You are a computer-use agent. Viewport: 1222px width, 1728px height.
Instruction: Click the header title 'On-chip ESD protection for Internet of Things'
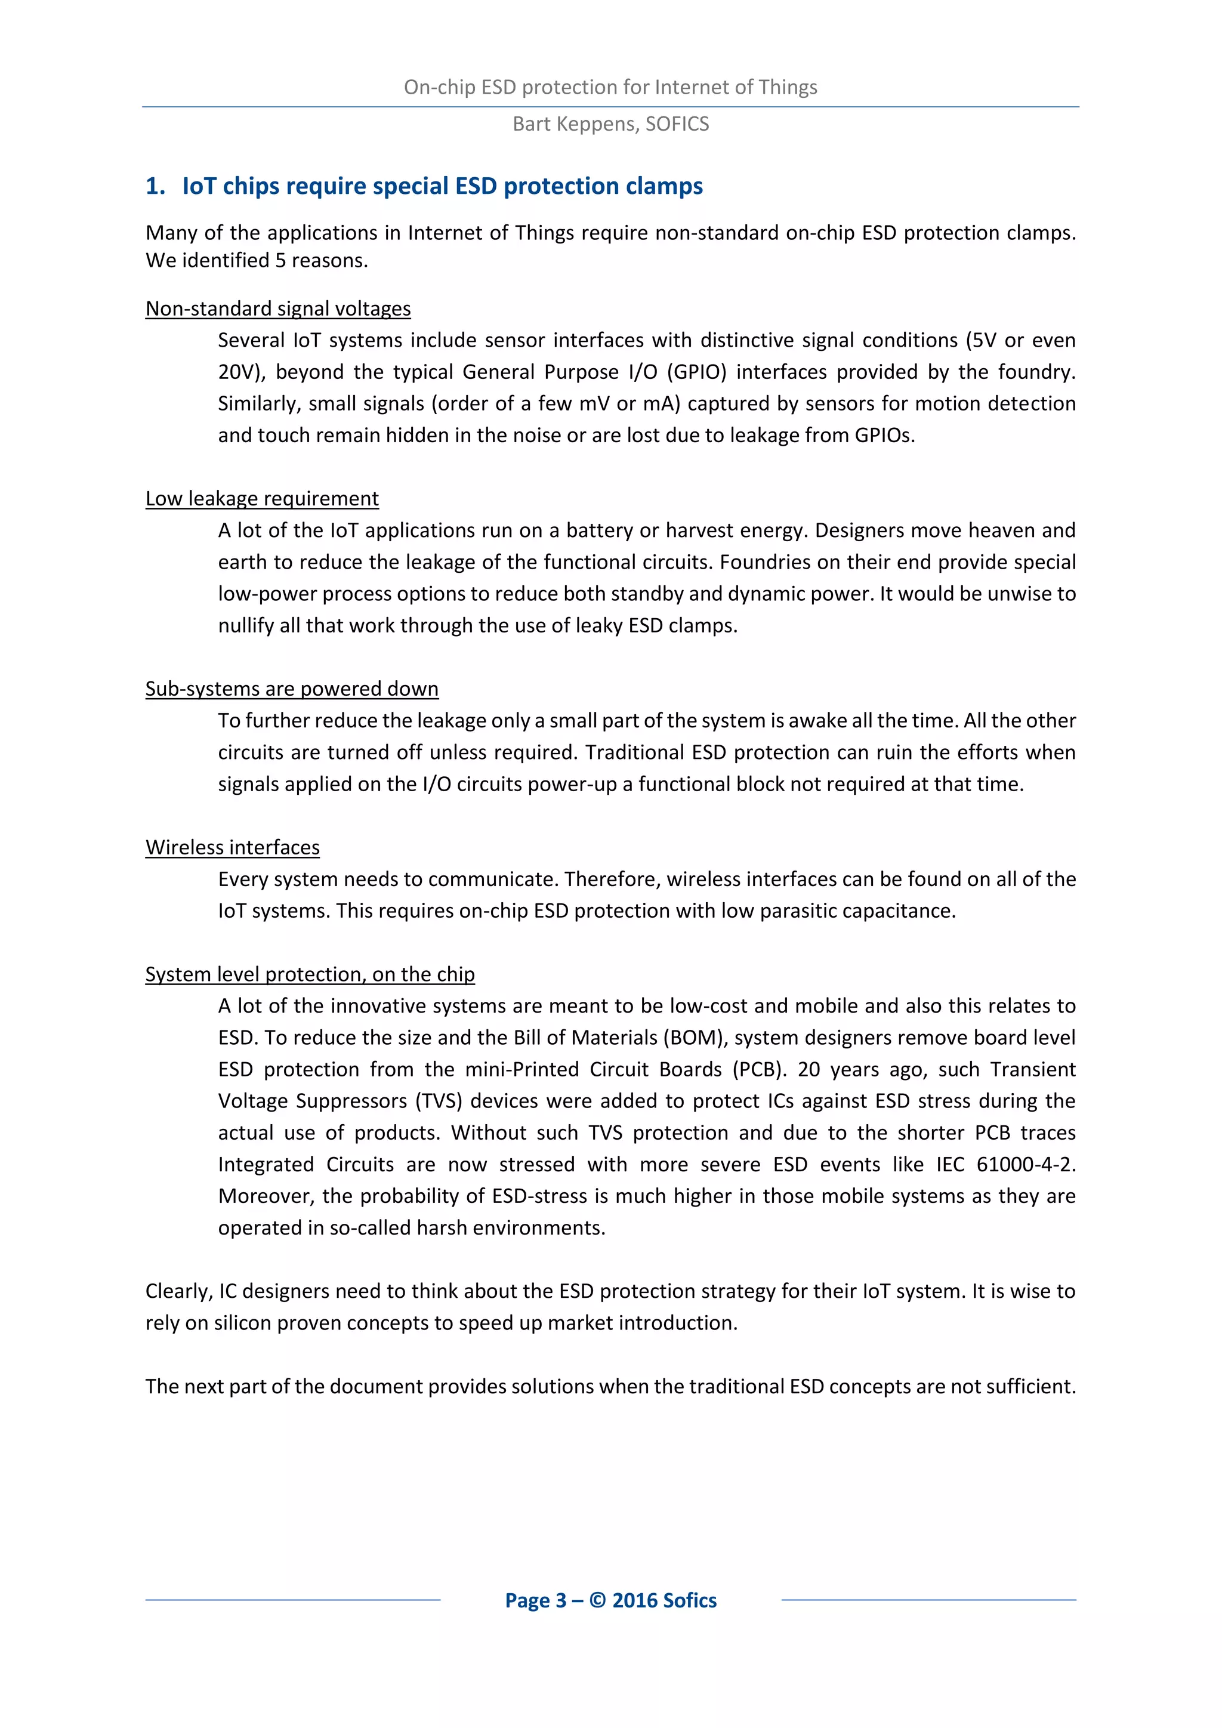click(610, 87)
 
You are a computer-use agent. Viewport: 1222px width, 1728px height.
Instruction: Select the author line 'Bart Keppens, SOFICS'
click(610, 124)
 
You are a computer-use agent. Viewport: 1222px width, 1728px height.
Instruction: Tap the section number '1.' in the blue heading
click(155, 187)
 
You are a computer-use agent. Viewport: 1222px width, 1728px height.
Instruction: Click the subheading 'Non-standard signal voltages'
click(277, 308)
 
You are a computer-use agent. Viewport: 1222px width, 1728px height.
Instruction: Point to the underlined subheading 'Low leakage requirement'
click(262, 499)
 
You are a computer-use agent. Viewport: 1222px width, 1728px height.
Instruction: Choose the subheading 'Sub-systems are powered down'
click(291, 689)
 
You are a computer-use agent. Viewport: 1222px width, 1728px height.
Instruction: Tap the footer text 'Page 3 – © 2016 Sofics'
click(610, 1601)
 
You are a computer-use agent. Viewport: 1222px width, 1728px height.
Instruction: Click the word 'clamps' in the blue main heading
click(664, 187)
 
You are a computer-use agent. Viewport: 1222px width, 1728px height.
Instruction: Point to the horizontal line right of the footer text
click(928, 1600)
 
